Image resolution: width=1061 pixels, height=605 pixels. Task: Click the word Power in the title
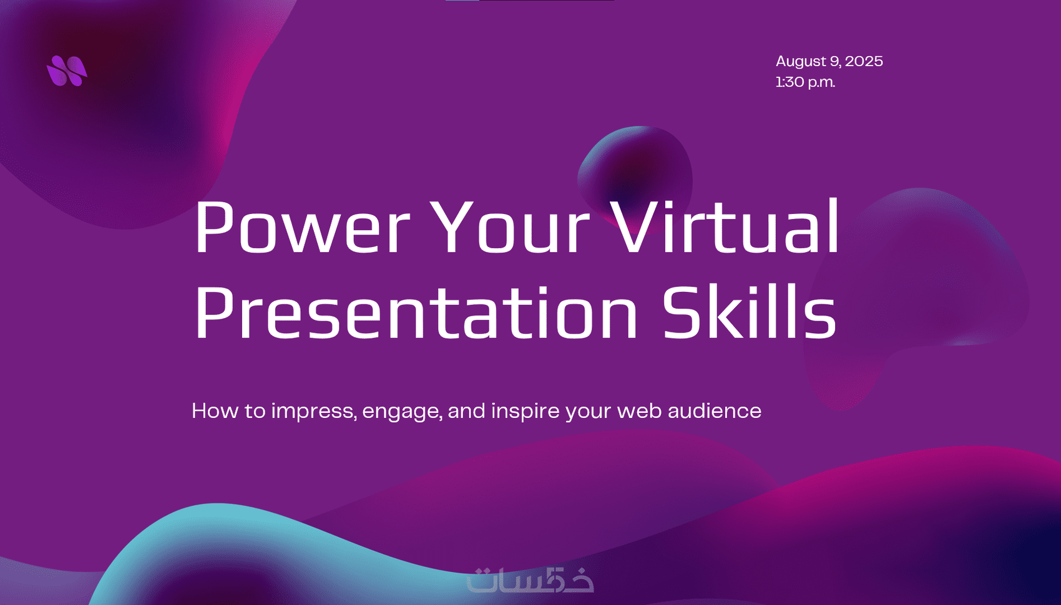point(302,227)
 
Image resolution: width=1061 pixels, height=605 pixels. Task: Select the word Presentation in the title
point(416,312)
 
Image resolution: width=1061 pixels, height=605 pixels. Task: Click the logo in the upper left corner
point(67,70)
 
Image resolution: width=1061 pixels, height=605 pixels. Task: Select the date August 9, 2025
point(829,61)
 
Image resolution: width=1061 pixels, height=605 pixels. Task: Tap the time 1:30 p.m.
point(805,82)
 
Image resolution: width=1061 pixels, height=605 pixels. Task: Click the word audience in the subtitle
point(714,410)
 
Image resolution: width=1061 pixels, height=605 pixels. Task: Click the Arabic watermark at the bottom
point(530,579)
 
